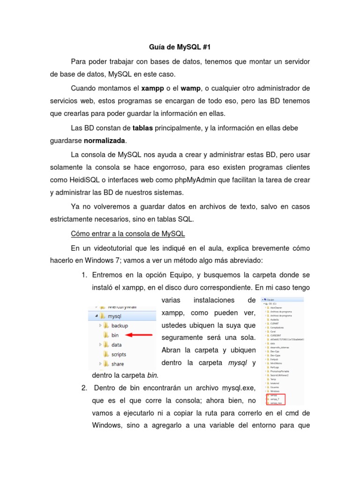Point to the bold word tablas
point(143,128)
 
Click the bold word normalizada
point(105,141)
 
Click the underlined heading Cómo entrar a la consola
point(128,233)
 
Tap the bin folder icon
point(106,335)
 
